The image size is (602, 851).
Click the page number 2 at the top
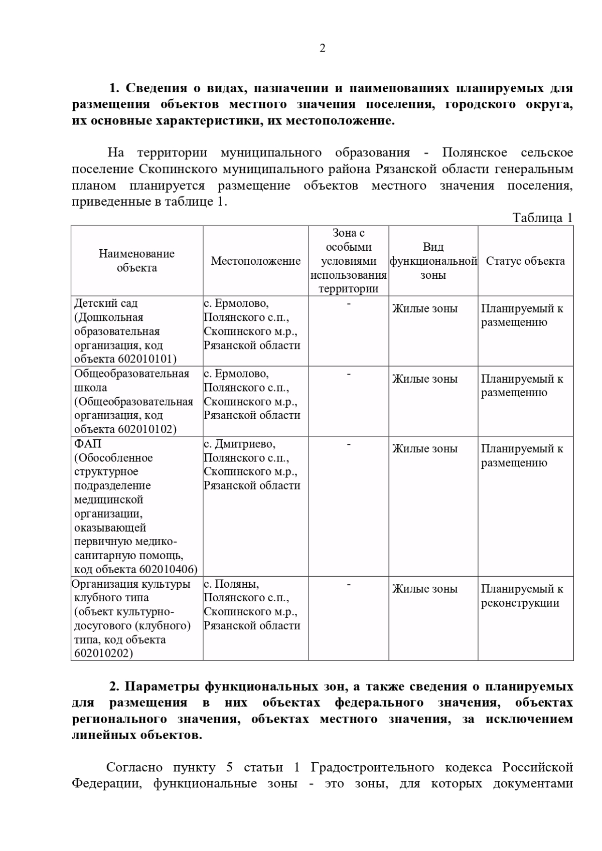322,48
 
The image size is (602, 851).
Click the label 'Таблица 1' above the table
542,218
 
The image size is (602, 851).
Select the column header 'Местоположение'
255,261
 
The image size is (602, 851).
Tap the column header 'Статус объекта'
525,261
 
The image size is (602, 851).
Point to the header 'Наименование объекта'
136,260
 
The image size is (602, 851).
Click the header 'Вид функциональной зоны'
433,261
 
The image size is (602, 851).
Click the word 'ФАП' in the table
87,444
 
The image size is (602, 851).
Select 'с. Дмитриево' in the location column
239,444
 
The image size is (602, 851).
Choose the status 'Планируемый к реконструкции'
522,596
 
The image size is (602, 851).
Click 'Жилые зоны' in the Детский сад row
424,308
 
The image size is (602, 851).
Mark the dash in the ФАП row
348,444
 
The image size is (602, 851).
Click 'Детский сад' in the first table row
105,303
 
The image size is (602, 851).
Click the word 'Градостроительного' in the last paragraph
372,767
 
